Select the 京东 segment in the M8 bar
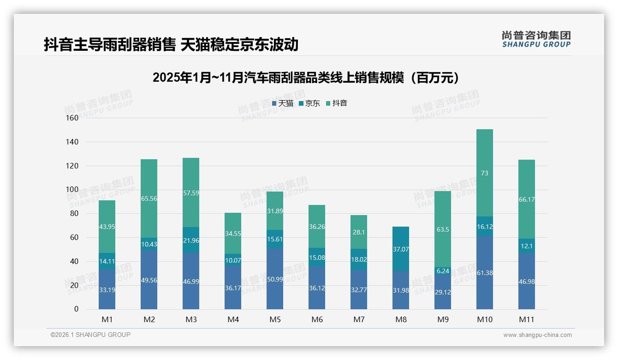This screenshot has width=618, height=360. point(400,249)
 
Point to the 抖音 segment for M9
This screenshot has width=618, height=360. point(442,229)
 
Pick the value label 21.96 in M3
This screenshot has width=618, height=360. point(191,240)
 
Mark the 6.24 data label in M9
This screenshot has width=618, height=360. point(442,271)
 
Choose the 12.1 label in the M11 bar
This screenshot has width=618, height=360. point(526,246)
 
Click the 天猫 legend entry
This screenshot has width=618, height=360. point(282,103)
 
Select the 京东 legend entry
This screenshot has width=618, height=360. point(309,103)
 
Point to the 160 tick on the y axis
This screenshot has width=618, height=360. point(72,118)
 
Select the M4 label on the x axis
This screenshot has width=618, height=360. point(233,319)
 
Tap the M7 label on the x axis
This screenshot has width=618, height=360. point(359,319)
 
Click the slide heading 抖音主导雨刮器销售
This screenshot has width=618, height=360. point(171,44)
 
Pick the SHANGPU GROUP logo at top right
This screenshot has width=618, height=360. point(536,39)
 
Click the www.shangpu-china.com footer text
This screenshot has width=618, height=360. point(537,335)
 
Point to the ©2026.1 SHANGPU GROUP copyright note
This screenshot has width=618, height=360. point(90,335)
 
